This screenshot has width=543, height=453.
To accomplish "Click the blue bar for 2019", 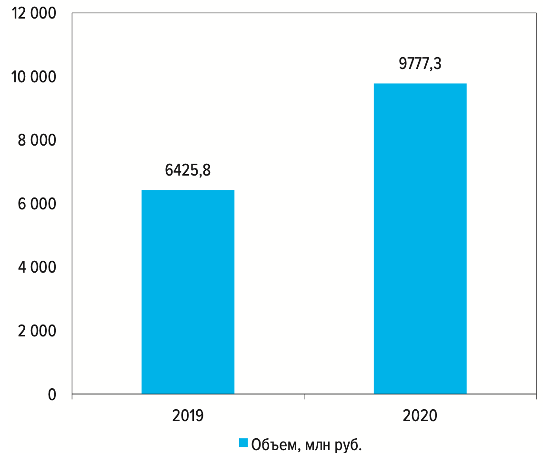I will tap(188, 292).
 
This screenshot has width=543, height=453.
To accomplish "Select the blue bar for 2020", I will tap(420, 238).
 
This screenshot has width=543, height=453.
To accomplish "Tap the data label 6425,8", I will tap(188, 170).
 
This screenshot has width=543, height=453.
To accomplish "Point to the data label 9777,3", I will tap(420, 63).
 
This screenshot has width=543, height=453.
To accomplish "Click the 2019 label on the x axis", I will tap(188, 415).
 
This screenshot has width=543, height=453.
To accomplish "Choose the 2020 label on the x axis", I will tap(420, 415).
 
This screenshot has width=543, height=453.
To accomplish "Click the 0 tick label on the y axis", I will tap(51, 394).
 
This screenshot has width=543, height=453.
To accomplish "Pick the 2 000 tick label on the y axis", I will tap(37, 331).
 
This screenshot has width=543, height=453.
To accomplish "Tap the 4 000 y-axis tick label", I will tap(37, 267).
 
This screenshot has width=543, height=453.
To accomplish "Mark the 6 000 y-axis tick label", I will tap(37, 204).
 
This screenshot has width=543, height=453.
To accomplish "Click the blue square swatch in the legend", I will tap(243, 443).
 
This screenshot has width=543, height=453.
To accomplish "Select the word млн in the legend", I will tap(320, 444).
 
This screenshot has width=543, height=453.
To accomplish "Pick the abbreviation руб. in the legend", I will tap(351, 444).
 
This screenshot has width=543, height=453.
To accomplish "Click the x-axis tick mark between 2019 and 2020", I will tap(304, 397).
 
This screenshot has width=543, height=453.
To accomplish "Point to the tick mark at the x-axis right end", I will tap(536, 397).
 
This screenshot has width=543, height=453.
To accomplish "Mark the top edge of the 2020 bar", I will tap(420, 84).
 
